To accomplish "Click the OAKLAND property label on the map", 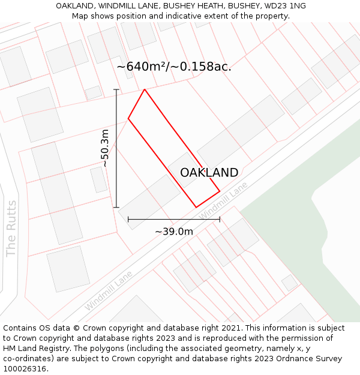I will tap(209, 173).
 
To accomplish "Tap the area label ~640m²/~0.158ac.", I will tap(174, 67).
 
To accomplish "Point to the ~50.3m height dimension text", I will tap(105, 148).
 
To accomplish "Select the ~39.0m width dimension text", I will tap(174, 232).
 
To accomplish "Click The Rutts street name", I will tap(11, 228).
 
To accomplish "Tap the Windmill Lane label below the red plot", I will tap(223, 202).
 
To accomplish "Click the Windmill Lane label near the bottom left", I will tap(108, 291).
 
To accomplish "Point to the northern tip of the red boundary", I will tap(145, 89).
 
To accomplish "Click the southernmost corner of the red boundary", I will tap(196, 208).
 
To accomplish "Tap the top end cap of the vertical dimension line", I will tap(116, 89).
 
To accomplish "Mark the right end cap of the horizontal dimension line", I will tap(220, 220).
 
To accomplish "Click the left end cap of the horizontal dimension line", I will tap(128, 220).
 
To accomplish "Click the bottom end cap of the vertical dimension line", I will tap(116, 208).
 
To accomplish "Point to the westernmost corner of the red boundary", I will tap(128, 119).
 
